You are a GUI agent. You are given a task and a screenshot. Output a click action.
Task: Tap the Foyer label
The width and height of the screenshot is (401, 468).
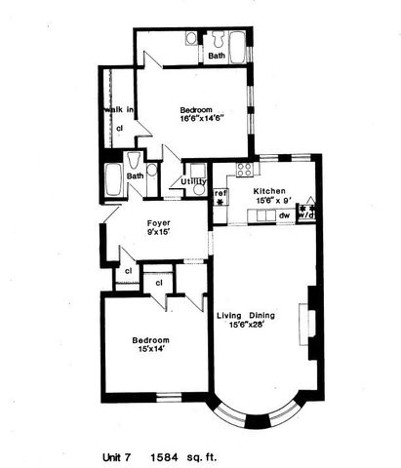[159, 222]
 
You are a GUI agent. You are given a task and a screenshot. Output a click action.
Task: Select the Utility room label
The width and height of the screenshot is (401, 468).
[193, 181]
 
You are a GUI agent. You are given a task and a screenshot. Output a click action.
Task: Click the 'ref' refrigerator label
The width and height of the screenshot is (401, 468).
[221, 192]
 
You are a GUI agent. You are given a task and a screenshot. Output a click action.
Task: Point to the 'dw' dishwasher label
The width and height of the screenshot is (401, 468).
[283, 216]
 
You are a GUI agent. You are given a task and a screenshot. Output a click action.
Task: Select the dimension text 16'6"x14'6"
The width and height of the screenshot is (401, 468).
[200, 118]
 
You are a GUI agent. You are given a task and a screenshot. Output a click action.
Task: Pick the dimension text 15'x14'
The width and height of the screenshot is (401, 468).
[151, 351]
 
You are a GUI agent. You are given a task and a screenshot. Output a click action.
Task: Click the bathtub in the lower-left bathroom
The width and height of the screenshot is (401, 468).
[112, 179]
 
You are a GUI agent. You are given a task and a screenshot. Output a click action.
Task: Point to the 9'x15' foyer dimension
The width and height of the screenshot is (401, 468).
[159, 233]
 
